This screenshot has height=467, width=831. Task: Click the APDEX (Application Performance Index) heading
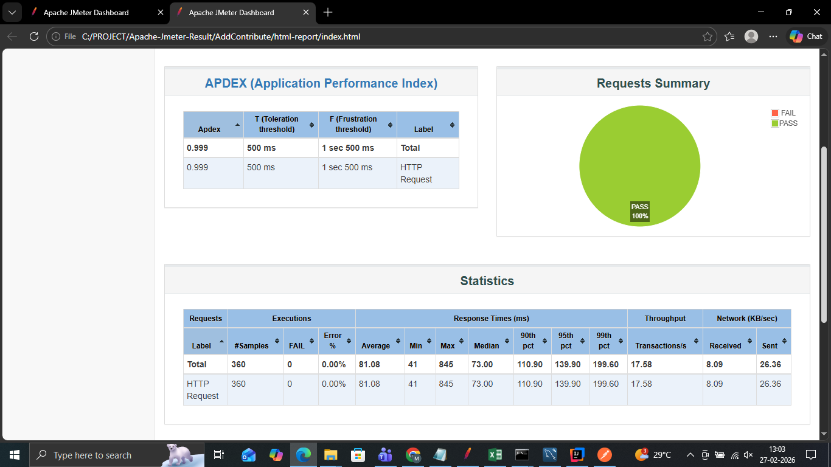(321, 83)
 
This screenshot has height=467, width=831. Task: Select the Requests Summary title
(653, 83)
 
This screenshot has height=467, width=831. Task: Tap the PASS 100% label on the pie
(639, 212)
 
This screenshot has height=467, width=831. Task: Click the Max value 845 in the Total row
(447, 364)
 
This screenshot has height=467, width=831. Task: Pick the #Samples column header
(251, 345)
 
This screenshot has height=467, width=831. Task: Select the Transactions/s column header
(661, 345)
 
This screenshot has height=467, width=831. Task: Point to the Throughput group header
(665, 318)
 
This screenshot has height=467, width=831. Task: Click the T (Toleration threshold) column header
(277, 124)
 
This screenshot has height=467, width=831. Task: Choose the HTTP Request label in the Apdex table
(416, 173)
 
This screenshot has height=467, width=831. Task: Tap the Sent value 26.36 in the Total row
(771, 364)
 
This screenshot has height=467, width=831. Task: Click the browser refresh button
(34, 36)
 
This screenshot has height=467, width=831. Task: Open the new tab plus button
(328, 12)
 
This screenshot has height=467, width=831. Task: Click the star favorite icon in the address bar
(708, 36)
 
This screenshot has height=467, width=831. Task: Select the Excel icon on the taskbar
(495, 455)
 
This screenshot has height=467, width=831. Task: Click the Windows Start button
(15, 455)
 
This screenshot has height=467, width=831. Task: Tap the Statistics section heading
(487, 281)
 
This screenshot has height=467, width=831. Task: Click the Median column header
(487, 345)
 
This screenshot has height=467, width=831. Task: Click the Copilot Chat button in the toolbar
(806, 36)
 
